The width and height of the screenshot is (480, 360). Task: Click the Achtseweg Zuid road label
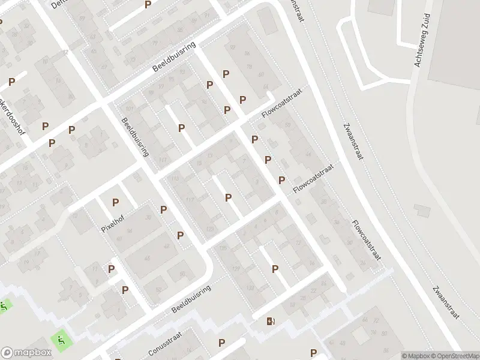[422, 41]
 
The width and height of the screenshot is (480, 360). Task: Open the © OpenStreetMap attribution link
[452, 355]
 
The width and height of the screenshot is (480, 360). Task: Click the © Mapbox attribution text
[416, 355]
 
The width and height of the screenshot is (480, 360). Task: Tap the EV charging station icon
[271, 321]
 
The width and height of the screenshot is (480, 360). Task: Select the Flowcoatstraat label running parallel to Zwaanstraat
[367, 242]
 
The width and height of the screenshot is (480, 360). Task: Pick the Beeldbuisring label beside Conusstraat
[191, 298]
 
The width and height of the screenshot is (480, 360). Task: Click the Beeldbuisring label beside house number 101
[134, 136]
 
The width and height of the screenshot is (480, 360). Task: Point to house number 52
[158, 289]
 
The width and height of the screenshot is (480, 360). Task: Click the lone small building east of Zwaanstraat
[422, 211]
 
